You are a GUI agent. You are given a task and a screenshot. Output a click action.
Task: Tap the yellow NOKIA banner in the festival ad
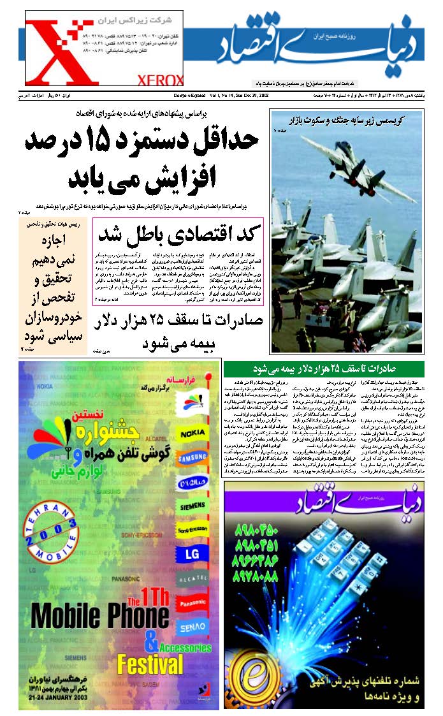193,435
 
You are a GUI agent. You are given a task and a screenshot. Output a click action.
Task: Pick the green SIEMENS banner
193,508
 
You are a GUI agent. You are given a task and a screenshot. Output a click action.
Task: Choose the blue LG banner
193,554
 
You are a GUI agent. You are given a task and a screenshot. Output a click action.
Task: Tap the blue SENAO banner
193,625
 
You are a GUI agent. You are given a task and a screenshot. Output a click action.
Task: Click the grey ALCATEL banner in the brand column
193,579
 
